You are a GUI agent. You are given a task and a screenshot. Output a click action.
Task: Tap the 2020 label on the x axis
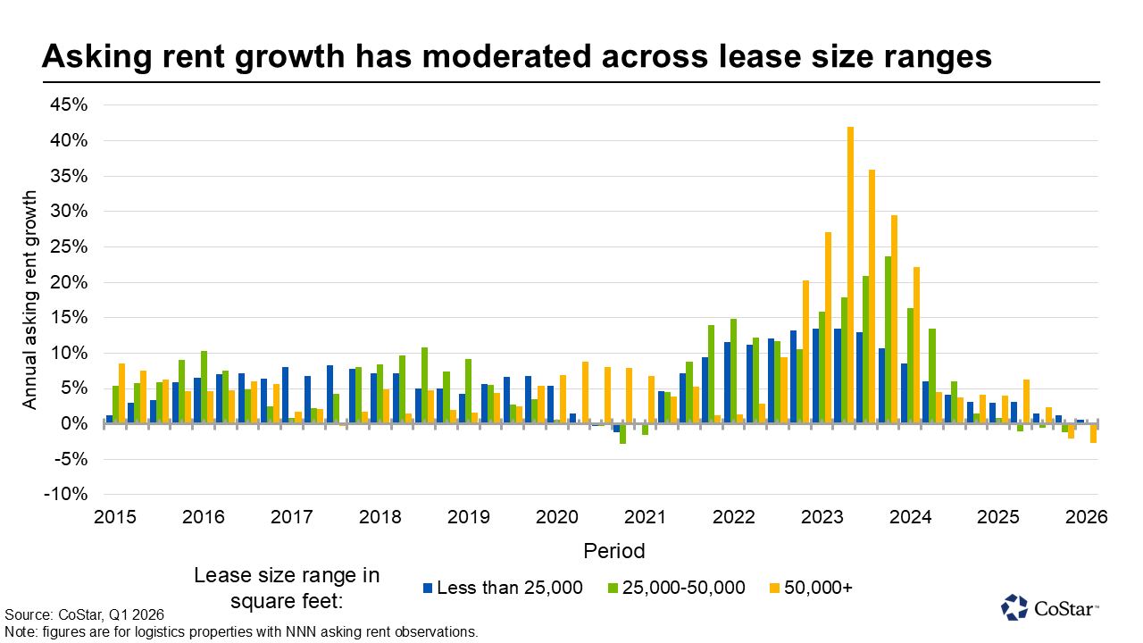click(557, 517)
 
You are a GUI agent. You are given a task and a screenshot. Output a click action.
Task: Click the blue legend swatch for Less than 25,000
click(429, 588)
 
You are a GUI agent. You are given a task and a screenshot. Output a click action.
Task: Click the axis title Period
click(613, 550)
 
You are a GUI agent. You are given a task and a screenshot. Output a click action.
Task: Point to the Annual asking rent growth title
click(30, 300)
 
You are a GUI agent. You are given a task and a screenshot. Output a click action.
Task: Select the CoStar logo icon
click(1014, 607)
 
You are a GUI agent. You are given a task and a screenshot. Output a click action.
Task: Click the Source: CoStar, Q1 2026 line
click(85, 615)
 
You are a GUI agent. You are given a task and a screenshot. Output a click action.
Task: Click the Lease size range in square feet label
click(287, 588)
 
